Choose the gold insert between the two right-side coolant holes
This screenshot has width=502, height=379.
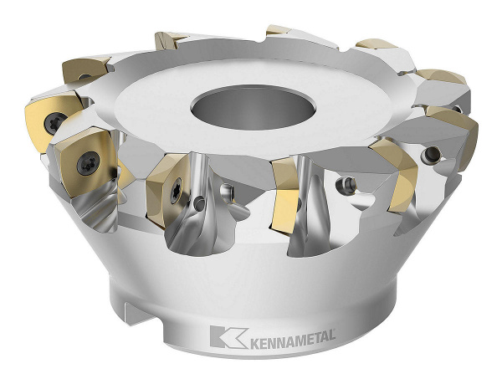pyautogui.click(x=392, y=172)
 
